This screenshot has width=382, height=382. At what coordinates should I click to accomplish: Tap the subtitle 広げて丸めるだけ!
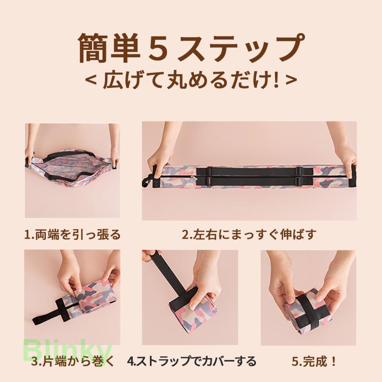click(191, 79)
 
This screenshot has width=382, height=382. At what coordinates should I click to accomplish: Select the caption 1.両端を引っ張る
click(73, 235)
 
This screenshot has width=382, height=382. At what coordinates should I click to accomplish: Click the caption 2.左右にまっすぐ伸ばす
click(249, 234)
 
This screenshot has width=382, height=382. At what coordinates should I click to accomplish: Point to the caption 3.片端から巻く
click(73, 361)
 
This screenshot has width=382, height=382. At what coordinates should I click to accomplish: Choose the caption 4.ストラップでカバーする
click(191, 361)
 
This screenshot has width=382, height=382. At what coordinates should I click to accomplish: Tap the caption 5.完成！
click(314, 361)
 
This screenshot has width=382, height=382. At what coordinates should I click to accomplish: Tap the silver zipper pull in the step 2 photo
click(193, 177)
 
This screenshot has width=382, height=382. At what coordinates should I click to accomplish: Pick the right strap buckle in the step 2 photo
click(299, 176)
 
